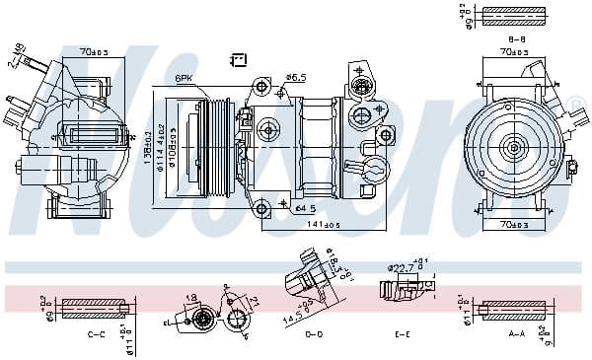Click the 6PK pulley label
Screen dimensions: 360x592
pos(185,78)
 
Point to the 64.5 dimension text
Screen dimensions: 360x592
pos(305,208)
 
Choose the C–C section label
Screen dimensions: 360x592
pos(97,334)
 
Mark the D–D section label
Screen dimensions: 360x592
pos(313,334)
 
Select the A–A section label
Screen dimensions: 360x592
pos(516,334)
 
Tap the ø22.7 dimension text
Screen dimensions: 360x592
pos(401,267)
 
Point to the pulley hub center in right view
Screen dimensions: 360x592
pos(514,147)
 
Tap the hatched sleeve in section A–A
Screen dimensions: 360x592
pos(512,310)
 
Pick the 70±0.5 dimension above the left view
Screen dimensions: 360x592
pos(95,50)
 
